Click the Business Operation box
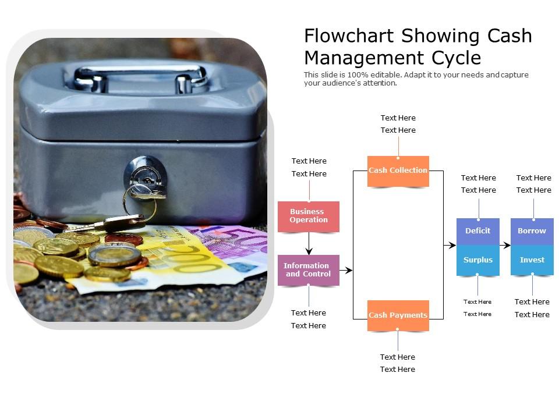[309, 216]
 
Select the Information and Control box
[308, 270]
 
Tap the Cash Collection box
[398, 171]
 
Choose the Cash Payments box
[398, 315]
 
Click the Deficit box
[477, 231]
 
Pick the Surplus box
[477, 260]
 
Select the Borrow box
[532, 231]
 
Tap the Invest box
[532, 260]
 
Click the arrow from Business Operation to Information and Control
[309, 244]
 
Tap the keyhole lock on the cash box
[145, 175]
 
